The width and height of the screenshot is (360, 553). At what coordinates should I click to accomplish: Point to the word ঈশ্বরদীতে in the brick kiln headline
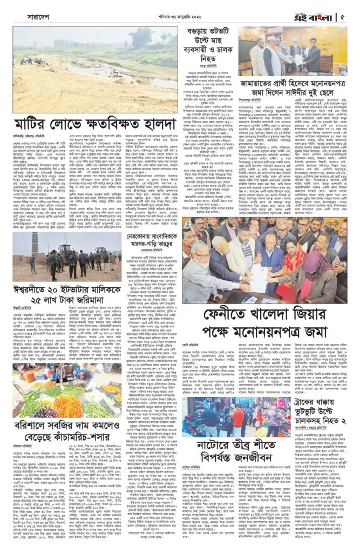[x=38, y=287]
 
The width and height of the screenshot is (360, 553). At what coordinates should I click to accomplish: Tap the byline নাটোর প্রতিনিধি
[x=194, y=463]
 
